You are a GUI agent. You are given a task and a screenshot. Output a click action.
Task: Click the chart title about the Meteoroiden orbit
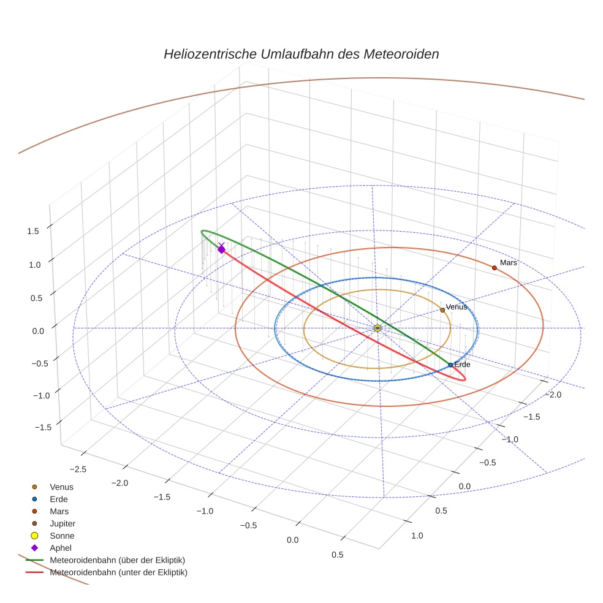301,54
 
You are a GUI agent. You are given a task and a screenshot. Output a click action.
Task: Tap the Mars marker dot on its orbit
494,268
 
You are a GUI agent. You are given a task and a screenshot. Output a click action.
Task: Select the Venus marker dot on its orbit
442,310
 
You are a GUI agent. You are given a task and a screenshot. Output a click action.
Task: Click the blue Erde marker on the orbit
450,365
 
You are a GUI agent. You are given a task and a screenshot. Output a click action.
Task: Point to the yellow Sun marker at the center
377,328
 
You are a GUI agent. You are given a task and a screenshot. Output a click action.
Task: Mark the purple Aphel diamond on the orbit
221,249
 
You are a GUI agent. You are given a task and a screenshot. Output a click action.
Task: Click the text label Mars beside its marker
509,262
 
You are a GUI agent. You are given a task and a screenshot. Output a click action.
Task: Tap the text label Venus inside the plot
457,306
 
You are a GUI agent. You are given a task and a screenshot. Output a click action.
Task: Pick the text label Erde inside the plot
462,364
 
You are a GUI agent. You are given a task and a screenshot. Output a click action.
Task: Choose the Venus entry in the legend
61,487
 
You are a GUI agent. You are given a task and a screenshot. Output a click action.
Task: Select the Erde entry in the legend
58,499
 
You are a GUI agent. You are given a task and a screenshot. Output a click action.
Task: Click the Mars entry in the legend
59,511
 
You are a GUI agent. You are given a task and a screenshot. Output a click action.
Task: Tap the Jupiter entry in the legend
62,523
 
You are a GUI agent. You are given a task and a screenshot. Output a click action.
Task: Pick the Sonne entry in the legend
62,536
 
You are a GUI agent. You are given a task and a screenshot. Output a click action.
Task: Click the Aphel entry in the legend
60,548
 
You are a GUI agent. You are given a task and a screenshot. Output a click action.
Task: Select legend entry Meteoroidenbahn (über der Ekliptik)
117,560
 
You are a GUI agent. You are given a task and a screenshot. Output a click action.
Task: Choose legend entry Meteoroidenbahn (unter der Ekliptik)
118,572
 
